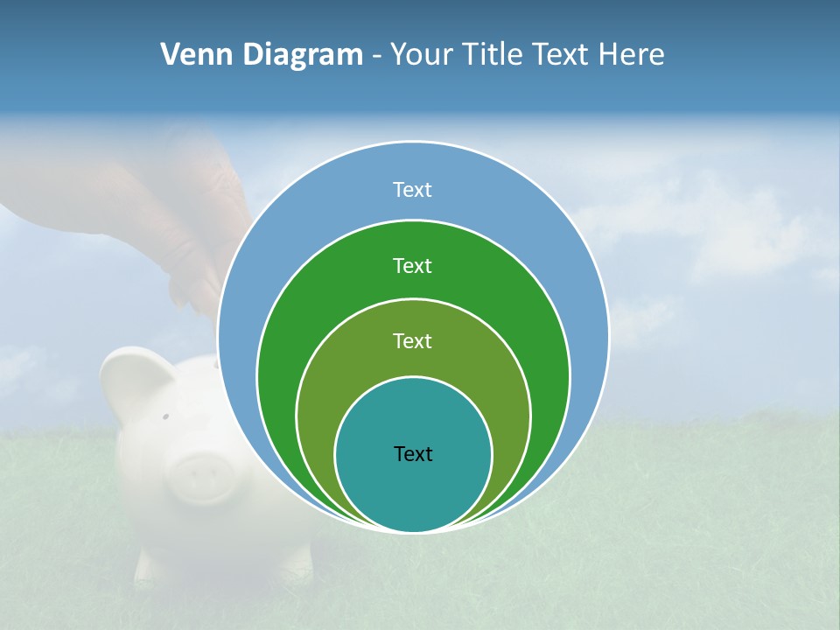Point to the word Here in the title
pyautogui.click(x=631, y=55)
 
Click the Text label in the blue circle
pyautogui.click(x=412, y=190)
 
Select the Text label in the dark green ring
pyautogui.click(x=412, y=265)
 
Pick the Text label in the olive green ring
pyautogui.click(x=412, y=340)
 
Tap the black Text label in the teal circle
pyautogui.click(x=413, y=453)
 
